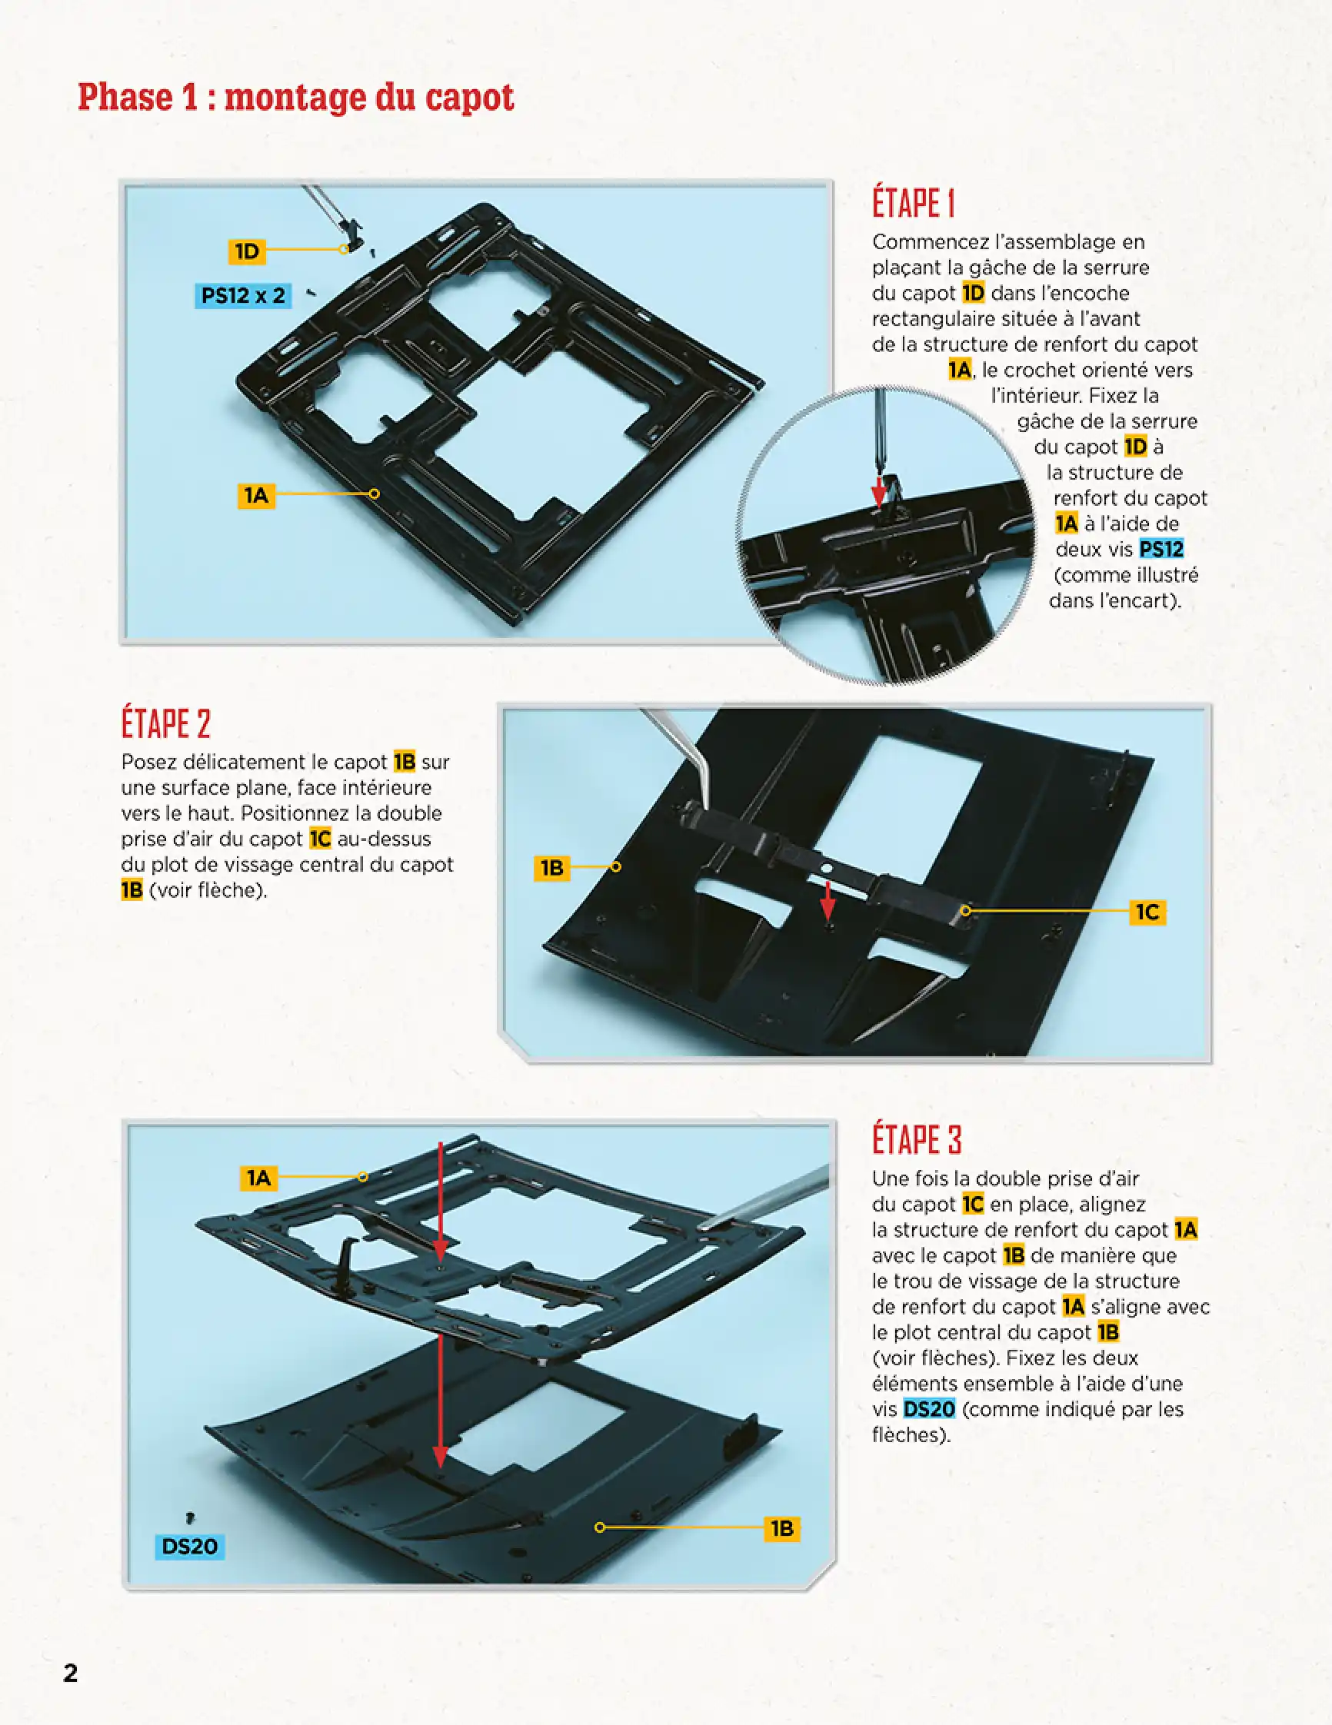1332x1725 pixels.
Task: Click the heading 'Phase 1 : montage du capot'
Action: point(295,98)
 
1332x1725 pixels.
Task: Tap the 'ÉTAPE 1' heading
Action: point(914,203)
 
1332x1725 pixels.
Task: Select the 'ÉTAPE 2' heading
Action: point(166,723)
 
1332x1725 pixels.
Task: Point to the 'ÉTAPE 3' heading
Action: point(917,1140)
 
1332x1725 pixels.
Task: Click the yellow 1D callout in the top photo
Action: point(247,251)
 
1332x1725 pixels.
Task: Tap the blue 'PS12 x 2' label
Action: point(242,295)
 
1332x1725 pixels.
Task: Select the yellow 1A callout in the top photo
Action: point(256,495)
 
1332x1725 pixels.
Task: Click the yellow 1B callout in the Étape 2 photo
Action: point(551,868)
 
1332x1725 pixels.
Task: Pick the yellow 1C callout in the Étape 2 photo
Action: point(1147,912)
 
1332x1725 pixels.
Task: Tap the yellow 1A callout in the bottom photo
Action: point(258,1178)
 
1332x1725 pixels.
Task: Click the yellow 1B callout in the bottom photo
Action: point(781,1528)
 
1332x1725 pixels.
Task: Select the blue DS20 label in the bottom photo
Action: point(190,1547)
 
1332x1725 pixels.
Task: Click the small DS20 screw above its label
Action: point(190,1517)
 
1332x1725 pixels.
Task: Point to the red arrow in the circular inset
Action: point(877,490)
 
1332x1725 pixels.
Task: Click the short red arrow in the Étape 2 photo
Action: point(827,899)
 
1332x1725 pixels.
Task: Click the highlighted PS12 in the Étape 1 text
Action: point(1161,549)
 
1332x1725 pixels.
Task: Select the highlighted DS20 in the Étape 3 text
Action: point(928,1409)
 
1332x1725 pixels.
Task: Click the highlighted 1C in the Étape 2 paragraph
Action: point(319,839)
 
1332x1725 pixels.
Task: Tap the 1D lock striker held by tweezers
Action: point(353,233)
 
